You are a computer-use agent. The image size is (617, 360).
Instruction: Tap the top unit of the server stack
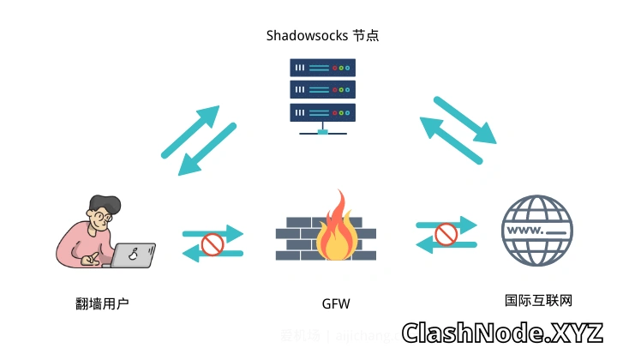(x=322, y=68)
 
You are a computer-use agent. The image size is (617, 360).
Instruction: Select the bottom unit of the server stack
(x=322, y=111)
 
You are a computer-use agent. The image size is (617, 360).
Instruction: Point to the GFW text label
(x=335, y=303)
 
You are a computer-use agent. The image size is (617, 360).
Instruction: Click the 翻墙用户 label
(x=103, y=303)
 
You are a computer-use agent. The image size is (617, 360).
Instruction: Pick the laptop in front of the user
(x=134, y=255)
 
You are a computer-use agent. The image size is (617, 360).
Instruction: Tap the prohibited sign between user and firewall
(x=212, y=246)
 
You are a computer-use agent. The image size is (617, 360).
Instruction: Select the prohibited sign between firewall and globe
(x=446, y=234)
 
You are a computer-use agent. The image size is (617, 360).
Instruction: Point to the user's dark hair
(x=104, y=203)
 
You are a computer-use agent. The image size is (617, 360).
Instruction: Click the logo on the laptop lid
(x=134, y=254)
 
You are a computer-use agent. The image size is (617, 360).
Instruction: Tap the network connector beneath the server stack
(x=322, y=131)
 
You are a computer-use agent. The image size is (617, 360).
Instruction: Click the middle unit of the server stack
(x=322, y=89)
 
